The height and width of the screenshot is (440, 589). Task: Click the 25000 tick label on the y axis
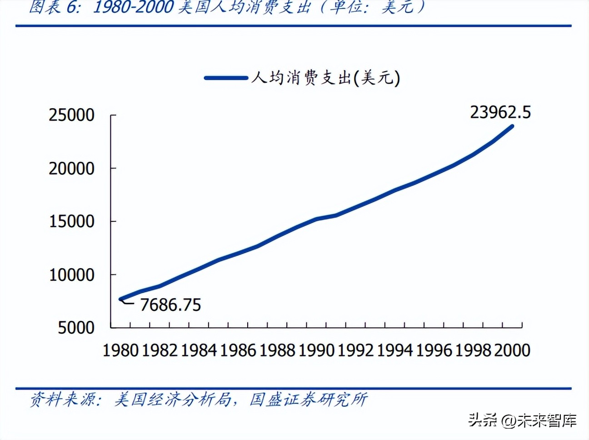pyautogui.click(x=71, y=115)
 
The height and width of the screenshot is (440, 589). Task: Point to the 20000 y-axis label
pyautogui.click(x=71, y=169)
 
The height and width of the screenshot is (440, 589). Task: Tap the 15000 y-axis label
pyautogui.click(x=71, y=222)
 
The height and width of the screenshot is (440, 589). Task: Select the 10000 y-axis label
pyautogui.click(x=71, y=275)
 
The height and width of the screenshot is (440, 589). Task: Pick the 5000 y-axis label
pyautogui.click(x=76, y=328)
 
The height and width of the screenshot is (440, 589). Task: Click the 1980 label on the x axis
pyautogui.click(x=120, y=350)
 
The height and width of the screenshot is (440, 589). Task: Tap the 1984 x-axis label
pyautogui.click(x=199, y=350)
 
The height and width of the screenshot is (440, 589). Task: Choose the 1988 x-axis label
pyautogui.click(x=277, y=350)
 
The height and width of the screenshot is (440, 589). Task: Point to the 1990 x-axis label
pyautogui.click(x=316, y=350)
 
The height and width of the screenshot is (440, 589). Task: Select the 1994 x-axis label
pyautogui.click(x=394, y=350)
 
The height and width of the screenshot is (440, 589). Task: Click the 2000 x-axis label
pyautogui.click(x=512, y=350)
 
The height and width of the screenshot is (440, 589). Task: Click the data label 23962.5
pyautogui.click(x=500, y=112)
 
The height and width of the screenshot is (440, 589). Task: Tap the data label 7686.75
pyautogui.click(x=170, y=305)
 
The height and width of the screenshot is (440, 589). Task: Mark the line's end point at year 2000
pyautogui.click(x=512, y=126)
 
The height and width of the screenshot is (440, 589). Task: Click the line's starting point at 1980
pyautogui.click(x=121, y=299)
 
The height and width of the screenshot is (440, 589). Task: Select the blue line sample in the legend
pyautogui.click(x=226, y=78)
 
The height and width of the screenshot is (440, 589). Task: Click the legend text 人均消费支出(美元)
pyautogui.click(x=325, y=78)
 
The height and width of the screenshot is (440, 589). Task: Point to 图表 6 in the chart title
pyautogui.click(x=54, y=7)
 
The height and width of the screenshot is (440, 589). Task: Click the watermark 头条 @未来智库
pyautogui.click(x=523, y=420)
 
